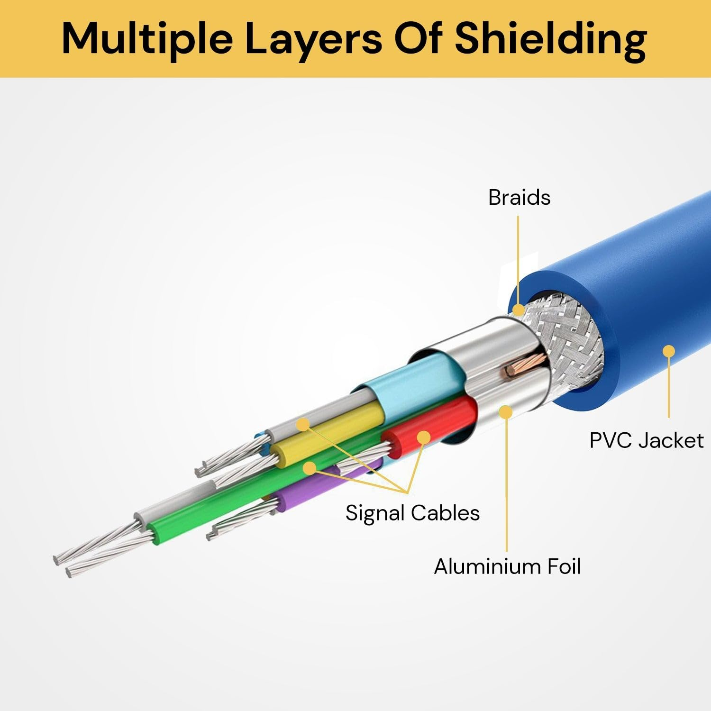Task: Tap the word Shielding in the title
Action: click(551, 39)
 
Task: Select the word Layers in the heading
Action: click(313, 39)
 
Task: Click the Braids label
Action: click(519, 197)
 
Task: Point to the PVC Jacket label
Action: click(646, 440)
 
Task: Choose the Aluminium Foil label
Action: click(507, 566)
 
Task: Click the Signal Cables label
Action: click(412, 513)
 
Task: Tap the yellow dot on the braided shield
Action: click(519, 310)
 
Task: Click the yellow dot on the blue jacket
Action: click(669, 351)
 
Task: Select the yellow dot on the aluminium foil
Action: click(506, 412)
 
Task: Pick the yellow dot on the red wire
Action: click(423, 437)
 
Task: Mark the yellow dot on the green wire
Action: click(310, 468)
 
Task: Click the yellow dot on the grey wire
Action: click(303, 424)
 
